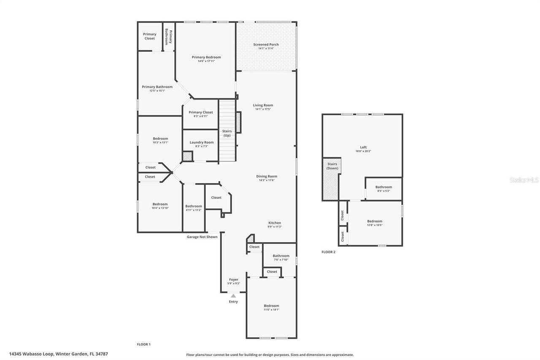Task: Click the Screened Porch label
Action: click(x=266, y=44)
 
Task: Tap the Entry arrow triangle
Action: click(x=233, y=296)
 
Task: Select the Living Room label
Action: click(x=263, y=105)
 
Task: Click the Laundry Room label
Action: click(x=202, y=142)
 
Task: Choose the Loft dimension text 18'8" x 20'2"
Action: click(x=363, y=151)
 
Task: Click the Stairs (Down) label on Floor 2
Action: click(x=332, y=166)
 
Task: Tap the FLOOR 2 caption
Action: click(x=328, y=252)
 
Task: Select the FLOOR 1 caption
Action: click(x=143, y=344)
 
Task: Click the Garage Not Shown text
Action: click(x=202, y=237)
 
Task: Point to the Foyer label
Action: click(x=233, y=279)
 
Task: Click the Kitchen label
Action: click(x=275, y=223)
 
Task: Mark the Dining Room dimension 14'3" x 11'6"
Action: click(x=267, y=180)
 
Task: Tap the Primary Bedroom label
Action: click(x=206, y=57)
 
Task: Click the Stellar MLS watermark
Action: click(x=524, y=180)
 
